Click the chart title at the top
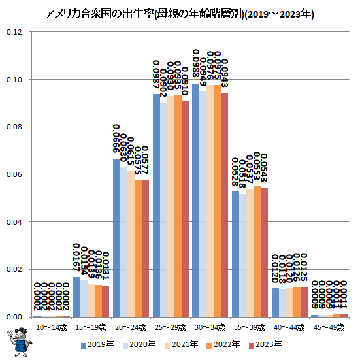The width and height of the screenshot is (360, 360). tap(180, 14)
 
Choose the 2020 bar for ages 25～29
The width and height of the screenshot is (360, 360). tap(163, 210)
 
